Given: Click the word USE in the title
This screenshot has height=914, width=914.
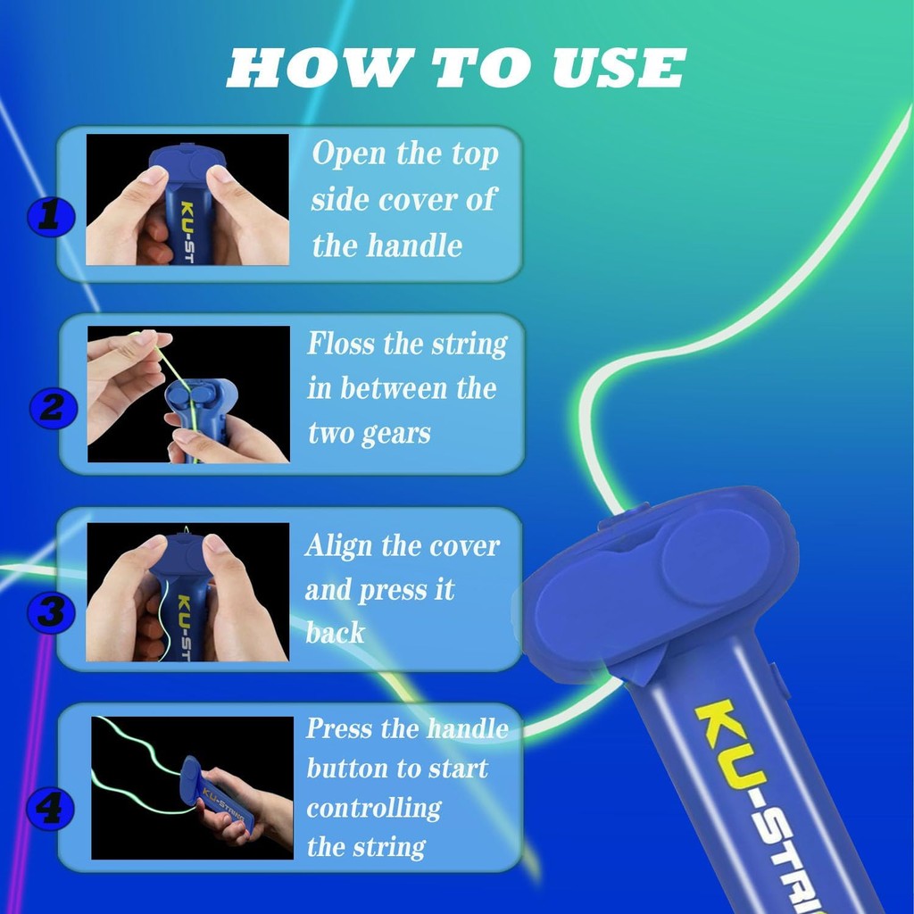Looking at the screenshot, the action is tap(619, 68).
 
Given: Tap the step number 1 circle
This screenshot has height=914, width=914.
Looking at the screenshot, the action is tap(51, 218).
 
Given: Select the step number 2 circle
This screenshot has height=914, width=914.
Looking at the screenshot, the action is tap(53, 407).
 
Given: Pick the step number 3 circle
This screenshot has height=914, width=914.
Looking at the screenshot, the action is tap(51, 612).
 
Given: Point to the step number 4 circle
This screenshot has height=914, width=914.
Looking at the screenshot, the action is tap(51, 809).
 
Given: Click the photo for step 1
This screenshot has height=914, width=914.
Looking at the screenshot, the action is tap(187, 199).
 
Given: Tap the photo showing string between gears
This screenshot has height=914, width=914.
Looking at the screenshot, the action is tap(188, 394).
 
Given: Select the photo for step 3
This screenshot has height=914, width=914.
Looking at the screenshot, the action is tap(187, 592).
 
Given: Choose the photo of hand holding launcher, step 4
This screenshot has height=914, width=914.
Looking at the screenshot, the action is tap(193, 787).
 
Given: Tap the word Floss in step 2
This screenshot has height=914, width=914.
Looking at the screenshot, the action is tap(342, 344).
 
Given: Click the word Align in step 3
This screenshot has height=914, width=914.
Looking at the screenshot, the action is tap(338, 547).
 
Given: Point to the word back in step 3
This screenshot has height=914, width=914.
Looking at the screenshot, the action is tap(336, 633).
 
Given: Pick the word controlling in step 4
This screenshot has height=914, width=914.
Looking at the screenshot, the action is tap(374, 809).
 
